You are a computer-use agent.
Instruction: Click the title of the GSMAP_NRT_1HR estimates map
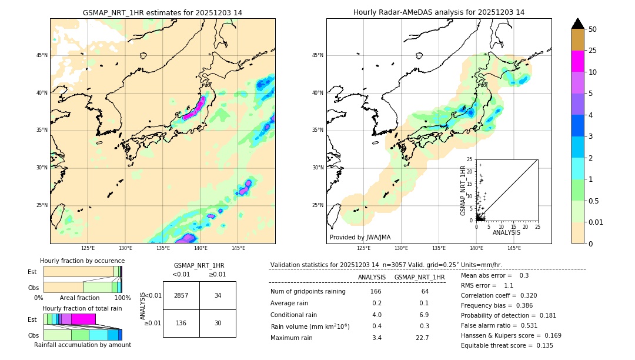162,12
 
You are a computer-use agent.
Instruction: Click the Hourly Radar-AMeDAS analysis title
439,12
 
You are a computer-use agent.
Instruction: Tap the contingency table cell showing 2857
181,295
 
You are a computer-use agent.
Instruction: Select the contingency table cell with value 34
218,295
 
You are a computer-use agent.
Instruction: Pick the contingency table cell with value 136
181,323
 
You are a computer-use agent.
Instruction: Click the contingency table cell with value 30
218,323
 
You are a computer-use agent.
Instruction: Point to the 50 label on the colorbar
593,29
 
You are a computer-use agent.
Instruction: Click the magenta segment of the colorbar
577,61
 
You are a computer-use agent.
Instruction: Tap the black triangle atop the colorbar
577,24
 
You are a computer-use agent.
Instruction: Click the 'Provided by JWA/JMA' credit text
360,238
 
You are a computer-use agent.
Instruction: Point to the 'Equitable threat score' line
507,345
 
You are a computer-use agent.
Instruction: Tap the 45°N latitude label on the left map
42,55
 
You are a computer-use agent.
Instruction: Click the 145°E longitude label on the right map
514,248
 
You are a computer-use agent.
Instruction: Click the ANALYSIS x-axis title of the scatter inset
506,232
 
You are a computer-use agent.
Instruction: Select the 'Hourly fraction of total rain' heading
82,308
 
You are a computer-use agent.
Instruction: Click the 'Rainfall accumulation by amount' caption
82,345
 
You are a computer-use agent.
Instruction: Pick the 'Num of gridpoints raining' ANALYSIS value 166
376,292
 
